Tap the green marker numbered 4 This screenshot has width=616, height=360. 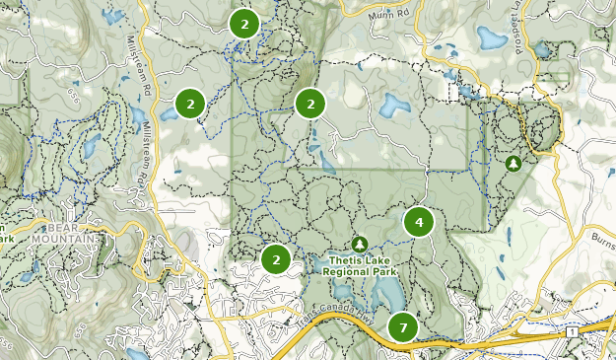click(419, 222)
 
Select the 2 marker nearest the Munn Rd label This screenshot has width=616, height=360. click(244, 23)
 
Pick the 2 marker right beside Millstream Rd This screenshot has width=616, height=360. click(190, 102)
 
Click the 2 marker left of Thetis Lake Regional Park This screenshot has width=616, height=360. click(277, 259)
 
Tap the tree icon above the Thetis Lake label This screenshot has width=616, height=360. click(360, 243)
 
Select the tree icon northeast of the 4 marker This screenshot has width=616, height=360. click(513, 163)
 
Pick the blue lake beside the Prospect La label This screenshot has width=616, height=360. click(491, 37)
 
